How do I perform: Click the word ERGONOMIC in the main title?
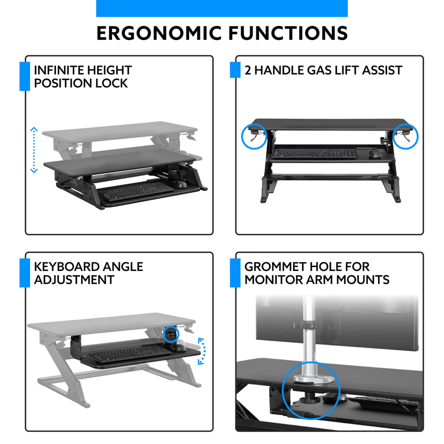(159, 33)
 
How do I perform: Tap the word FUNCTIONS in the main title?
(288, 33)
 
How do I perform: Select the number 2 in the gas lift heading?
(248, 70)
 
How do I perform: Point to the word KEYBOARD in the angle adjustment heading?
(66, 267)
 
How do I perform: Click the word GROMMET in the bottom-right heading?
(275, 267)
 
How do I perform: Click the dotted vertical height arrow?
(34, 150)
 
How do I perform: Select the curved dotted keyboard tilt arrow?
(203, 351)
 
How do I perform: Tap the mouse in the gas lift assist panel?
(375, 154)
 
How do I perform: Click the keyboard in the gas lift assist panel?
(315, 153)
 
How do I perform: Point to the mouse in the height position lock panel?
(179, 184)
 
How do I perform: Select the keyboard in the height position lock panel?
(136, 191)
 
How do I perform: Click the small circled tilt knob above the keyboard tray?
(171, 334)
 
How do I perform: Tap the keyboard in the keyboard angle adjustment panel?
(130, 353)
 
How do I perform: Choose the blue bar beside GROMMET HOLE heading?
(235, 273)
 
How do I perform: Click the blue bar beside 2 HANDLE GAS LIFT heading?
(235, 70)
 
